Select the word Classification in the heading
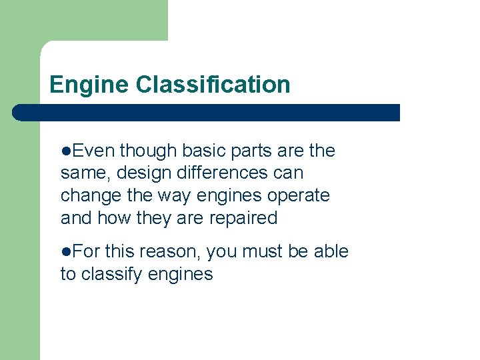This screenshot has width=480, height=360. pyautogui.click(x=213, y=85)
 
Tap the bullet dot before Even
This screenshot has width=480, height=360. pyautogui.click(x=65, y=151)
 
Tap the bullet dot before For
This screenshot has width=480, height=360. pyautogui.click(x=65, y=251)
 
